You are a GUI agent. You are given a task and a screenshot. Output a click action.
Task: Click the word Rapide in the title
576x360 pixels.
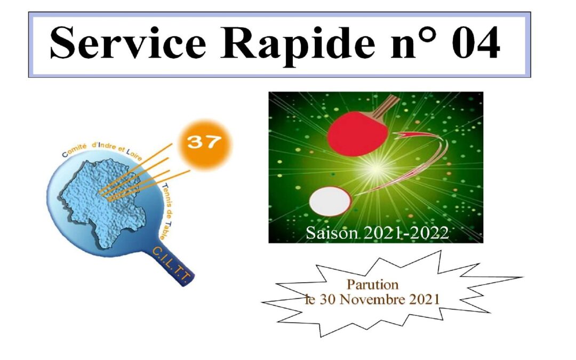tap(298, 45)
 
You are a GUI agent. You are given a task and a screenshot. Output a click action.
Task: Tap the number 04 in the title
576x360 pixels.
tap(476, 43)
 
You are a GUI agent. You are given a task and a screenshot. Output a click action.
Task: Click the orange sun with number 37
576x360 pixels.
tap(205, 144)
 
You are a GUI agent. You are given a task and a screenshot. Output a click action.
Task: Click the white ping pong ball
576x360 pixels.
tap(330, 201)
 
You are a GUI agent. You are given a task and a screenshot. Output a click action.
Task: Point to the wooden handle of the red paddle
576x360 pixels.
tap(386, 106)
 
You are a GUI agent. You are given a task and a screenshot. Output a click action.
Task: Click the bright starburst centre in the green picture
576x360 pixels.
tap(375, 169)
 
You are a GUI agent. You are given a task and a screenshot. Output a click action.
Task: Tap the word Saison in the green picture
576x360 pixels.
tap(332, 233)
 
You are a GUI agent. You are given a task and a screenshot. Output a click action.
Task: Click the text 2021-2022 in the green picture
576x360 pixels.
tap(406, 233)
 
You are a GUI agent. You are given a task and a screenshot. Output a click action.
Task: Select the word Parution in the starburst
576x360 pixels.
tap(372, 284)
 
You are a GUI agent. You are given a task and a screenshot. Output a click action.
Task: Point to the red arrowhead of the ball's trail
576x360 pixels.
tap(404, 136)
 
